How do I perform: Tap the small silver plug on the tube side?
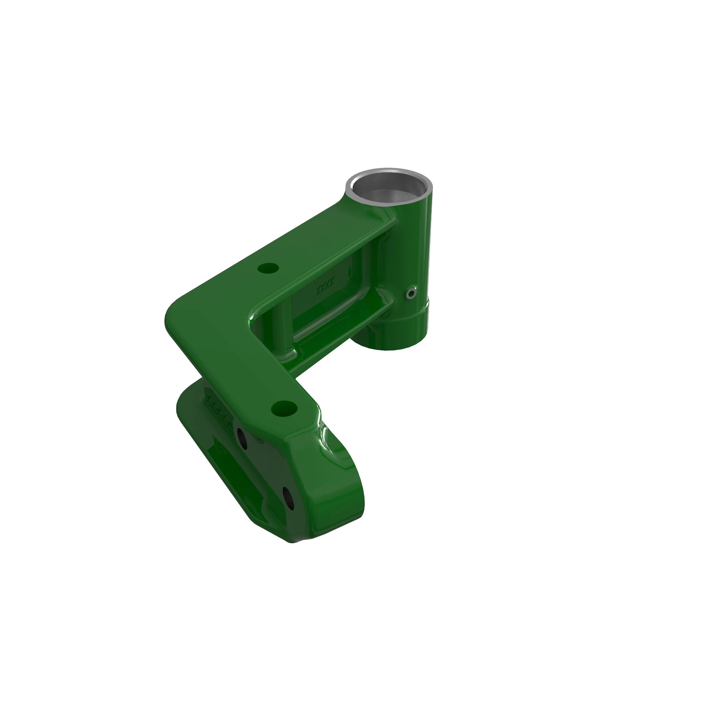tap(411, 294)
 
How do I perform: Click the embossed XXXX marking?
tap(325, 286)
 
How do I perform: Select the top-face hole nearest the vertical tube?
tap(268, 267)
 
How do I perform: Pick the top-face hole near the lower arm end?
tap(284, 409)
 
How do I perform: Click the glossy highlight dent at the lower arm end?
tap(327, 442)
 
